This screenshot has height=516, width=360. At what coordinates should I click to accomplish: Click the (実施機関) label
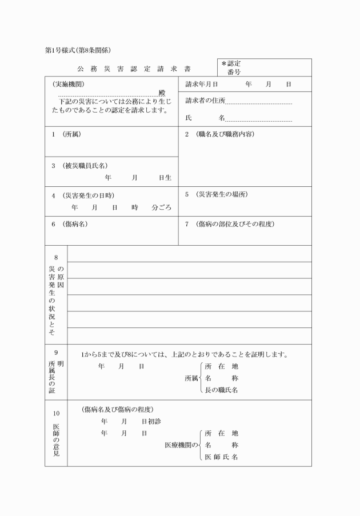(68, 84)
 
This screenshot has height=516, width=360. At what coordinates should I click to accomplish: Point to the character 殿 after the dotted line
(162, 93)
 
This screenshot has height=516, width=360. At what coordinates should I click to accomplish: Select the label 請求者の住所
(205, 101)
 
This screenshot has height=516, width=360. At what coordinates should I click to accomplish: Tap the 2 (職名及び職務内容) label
(219, 134)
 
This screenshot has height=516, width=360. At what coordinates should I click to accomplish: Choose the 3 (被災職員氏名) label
(79, 166)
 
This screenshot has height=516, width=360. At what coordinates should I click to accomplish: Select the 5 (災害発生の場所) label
(216, 194)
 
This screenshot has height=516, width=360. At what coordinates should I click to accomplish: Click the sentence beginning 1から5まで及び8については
(183, 354)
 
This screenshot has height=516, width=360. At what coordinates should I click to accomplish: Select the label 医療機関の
(181, 445)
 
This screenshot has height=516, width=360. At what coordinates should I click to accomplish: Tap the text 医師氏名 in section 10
(221, 457)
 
